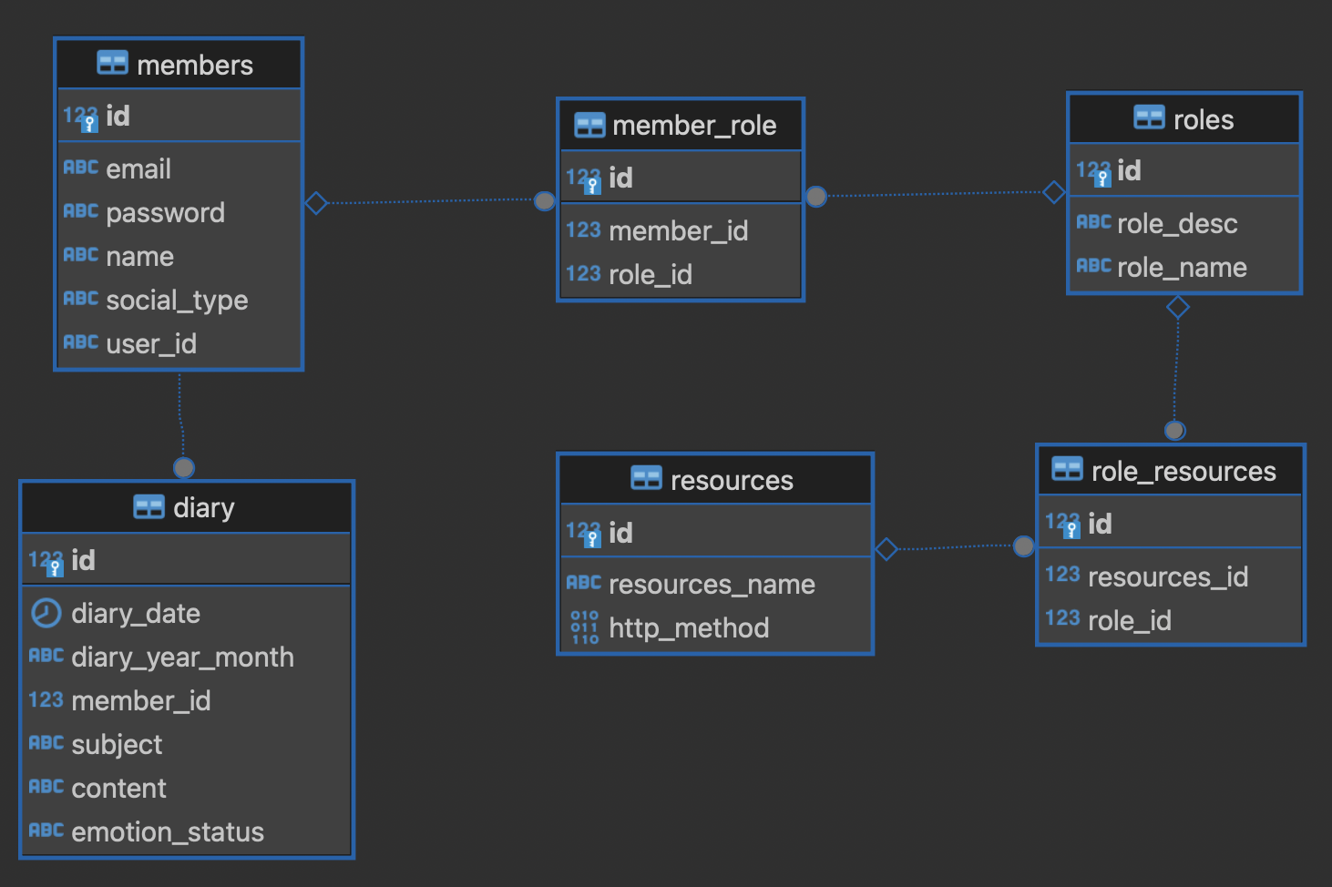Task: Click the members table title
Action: click(195, 65)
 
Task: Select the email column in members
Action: click(138, 168)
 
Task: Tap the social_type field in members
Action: click(177, 301)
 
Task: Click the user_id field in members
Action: click(151, 344)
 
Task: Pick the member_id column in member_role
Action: click(679, 230)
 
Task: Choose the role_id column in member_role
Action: click(651, 275)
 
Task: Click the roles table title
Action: click(1204, 119)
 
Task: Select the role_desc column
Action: click(1177, 224)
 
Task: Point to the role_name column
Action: click(1183, 268)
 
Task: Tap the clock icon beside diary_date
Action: click(46, 613)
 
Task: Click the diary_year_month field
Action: click(182, 658)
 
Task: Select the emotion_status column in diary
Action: click(168, 832)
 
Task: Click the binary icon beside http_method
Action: click(585, 627)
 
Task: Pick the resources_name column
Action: click(712, 585)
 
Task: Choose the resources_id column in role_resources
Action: click(1168, 576)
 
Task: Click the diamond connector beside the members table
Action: click(316, 203)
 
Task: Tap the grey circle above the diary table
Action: click(184, 468)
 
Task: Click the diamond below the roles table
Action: click(1178, 308)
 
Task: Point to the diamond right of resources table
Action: click(886, 549)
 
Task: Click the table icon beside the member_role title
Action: click(589, 125)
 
